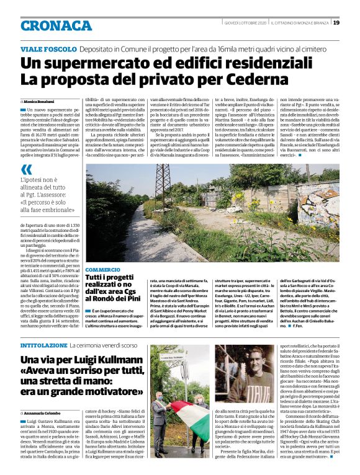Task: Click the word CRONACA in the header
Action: coord(56,25)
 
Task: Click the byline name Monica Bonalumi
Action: coord(40,100)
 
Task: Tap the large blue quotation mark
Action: coord(27,170)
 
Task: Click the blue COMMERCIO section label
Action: coord(102,270)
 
